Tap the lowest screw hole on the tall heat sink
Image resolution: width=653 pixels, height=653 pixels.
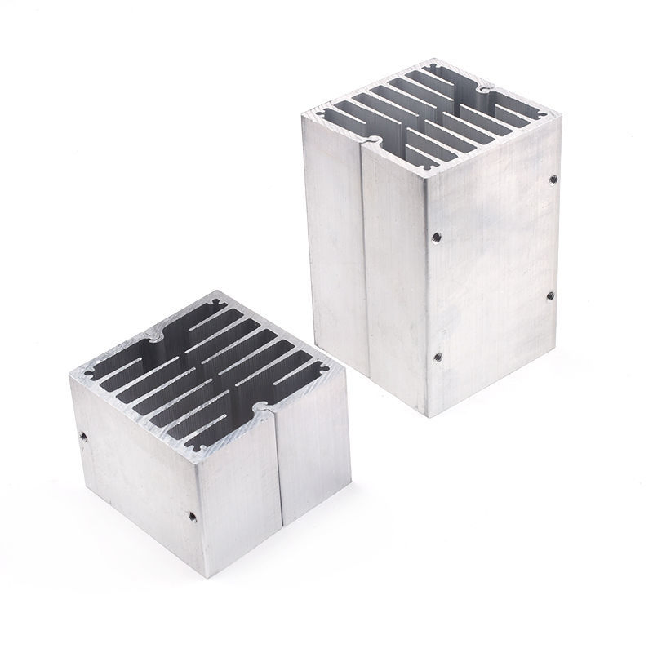coord(435,354)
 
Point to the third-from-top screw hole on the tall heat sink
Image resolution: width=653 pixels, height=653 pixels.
coord(550,295)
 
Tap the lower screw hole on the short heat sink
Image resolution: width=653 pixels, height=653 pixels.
coord(190,516)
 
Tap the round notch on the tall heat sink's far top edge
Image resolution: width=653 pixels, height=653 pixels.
coord(488,87)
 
